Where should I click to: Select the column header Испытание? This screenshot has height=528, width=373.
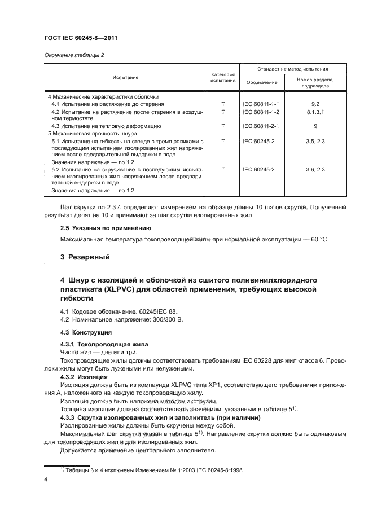[x=125, y=77]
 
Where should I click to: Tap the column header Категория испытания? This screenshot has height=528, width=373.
[x=223, y=77]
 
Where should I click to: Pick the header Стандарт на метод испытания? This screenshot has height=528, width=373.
[x=293, y=68]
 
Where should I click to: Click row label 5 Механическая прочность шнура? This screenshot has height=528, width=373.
[x=88, y=134]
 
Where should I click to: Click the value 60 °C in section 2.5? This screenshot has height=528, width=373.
[x=318, y=240]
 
